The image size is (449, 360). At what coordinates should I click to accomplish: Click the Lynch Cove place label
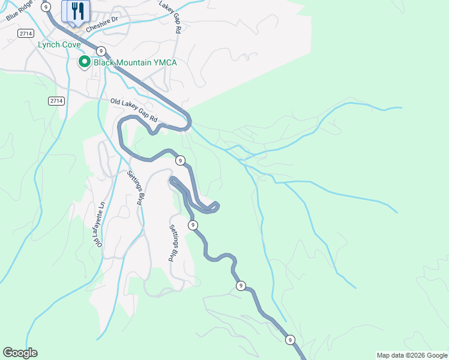(x=59, y=45)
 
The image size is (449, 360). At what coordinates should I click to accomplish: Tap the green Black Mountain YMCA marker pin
(x=85, y=62)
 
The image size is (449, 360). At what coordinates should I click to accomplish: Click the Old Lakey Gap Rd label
(x=133, y=111)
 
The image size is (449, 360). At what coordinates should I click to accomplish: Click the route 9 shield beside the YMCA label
(x=101, y=51)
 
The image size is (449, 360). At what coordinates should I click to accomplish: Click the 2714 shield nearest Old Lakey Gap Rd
(x=56, y=101)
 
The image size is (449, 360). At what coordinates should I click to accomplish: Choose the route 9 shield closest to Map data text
(x=291, y=340)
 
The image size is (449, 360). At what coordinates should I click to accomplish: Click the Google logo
(x=20, y=353)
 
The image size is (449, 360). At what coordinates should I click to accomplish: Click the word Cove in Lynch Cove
(x=70, y=45)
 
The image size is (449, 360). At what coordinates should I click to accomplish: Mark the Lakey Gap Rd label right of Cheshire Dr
(x=170, y=16)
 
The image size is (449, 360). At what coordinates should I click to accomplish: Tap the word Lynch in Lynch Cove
(x=47, y=45)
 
